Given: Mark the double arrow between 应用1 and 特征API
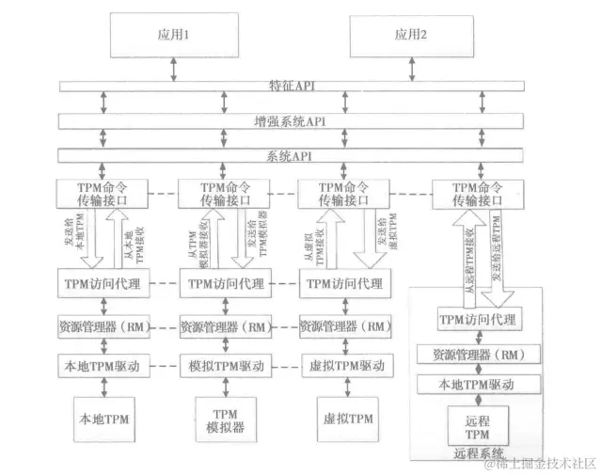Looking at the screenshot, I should tap(172, 68).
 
